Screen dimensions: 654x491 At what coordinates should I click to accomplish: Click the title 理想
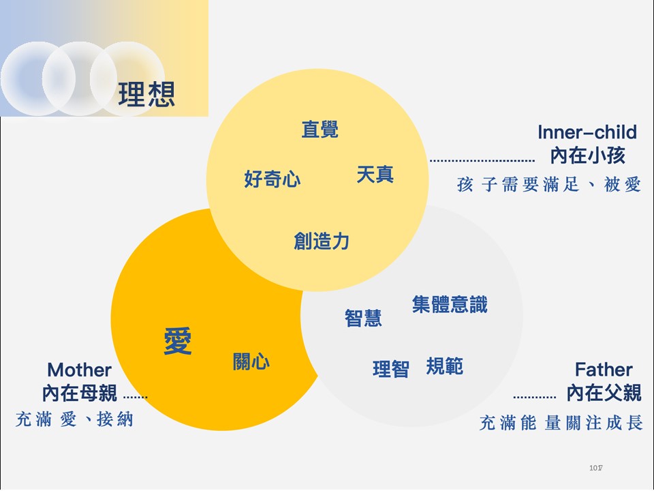pyautogui.click(x=146, y=94)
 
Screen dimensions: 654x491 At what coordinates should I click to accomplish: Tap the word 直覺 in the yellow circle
pyautogui.click(x=320, y=129)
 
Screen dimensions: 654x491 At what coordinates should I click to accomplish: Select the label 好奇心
pyautogui.click(x=272, y=179)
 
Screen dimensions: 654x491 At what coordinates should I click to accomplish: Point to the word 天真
pyautogui.click(x=375, y=174)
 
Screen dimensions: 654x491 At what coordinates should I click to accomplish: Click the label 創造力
pyautogui.click(x=322, y=241)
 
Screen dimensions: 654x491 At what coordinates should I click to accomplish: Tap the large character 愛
pyautogui.click(x=178, y=341)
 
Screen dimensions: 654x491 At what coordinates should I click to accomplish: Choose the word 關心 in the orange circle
pyautogui.click(x=251, y=361)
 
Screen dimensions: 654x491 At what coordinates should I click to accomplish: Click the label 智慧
pyautogui.click(x=363, y=318)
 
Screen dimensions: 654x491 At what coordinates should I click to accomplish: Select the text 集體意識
pyautogui.click(x=450, y=304)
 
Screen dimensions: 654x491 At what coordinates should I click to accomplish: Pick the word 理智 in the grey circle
pyautogui.click(x=391, y=369)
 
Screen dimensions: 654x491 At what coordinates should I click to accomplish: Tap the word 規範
pyautogui.click(x=445, y=366)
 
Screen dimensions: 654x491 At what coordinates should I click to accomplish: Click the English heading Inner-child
pyautogui.click(x=587, y=132)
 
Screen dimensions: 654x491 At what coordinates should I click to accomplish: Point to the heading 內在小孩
pyautogui.click(x=588, y=155)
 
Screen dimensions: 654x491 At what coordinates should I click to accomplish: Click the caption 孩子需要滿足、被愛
pyautogui.click(x=549, y=184)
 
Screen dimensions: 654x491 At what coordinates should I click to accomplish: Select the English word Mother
pyautogui.click(x=79, y=370)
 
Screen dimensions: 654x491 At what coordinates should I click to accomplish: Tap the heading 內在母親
pyautogui.click(x=80, y=393)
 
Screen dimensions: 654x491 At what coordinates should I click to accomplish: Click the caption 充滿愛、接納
pyautogui.click(x=75, y=419)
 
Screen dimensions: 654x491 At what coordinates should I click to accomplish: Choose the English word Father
pyautogui.click(x=604, y=370)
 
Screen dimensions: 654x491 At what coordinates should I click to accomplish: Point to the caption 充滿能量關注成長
pyautogui.click(x=561, y=423)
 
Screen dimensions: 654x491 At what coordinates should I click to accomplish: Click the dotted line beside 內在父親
pyautogui.click(x=534, y=397)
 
